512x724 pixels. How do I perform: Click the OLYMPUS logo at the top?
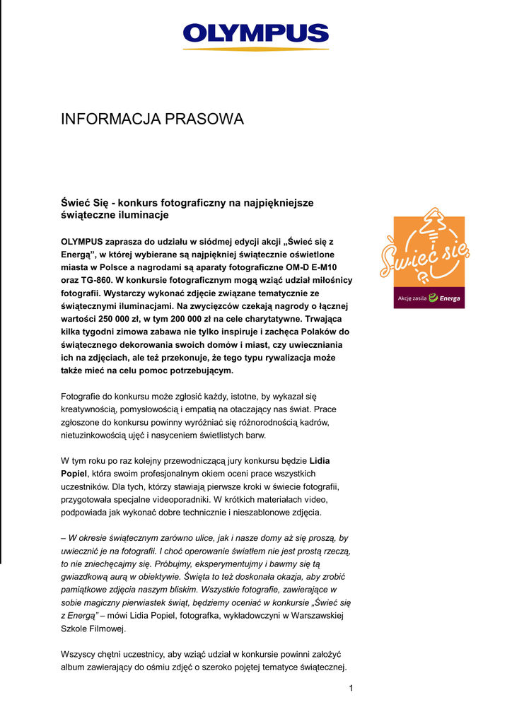(256, 33)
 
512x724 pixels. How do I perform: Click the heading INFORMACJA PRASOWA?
(152, 119)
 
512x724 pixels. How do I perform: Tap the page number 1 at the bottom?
(351, 688)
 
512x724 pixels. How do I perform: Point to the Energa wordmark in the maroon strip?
(449, 298)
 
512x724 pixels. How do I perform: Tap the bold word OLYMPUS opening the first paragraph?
(82, 241)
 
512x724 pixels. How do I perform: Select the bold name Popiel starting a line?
(74, 473)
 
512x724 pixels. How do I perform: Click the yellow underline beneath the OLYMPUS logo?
(256, 49)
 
